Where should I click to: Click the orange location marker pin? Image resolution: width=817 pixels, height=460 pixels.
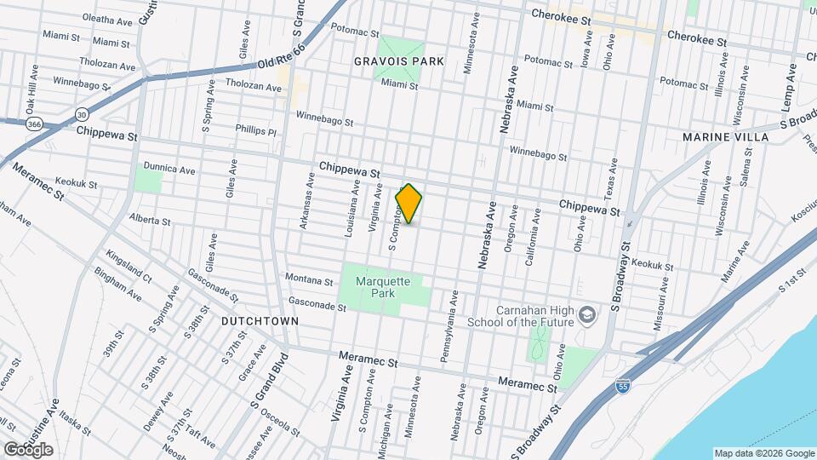coord(408,204)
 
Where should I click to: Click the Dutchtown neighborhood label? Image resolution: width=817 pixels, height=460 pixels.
coord(260,321)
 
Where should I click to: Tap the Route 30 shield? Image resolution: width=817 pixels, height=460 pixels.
coord(82,113)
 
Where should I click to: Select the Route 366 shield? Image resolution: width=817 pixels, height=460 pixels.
coord(32,124)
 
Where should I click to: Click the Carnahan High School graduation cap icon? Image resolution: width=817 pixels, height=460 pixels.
coord(587,316)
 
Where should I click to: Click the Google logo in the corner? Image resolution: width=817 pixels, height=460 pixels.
coord(28,450)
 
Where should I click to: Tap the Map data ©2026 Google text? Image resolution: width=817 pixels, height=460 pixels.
coord(764,453)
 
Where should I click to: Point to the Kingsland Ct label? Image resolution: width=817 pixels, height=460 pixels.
coord(129,267)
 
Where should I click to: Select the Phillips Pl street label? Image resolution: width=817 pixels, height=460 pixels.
coord(256,131)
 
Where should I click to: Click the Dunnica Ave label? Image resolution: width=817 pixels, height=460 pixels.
coord(169,170)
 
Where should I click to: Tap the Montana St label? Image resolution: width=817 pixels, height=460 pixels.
coord(309,279)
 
